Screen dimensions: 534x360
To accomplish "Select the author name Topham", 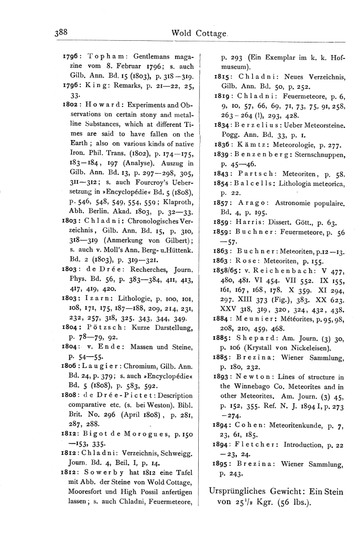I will point(98,57).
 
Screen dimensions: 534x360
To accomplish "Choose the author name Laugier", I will point(105,364).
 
